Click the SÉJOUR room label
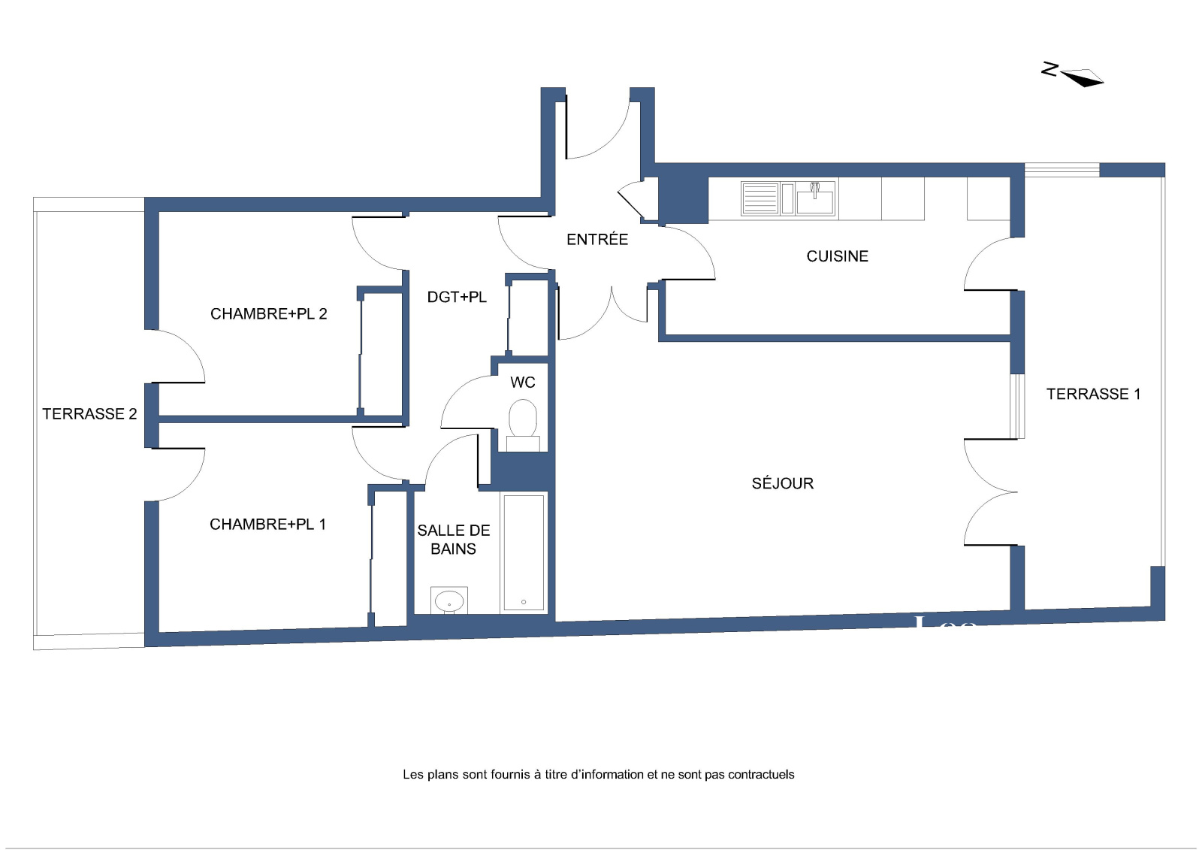(782, 483)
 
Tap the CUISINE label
(837, 256)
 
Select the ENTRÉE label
(597, 240)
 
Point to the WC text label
(523, 383)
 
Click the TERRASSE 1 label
(1093, 394)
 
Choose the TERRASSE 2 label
(89, 414)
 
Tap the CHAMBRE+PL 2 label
(268, 313)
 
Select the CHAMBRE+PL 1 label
(267, 524)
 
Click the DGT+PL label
(457, 297)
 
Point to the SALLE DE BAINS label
(454, 540)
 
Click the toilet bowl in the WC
(523, 418)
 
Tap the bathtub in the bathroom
(524, 552)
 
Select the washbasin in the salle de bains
(449, 600)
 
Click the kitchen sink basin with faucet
(815, 198)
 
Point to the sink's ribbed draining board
(760, 198)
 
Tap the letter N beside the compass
(1049, 69)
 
